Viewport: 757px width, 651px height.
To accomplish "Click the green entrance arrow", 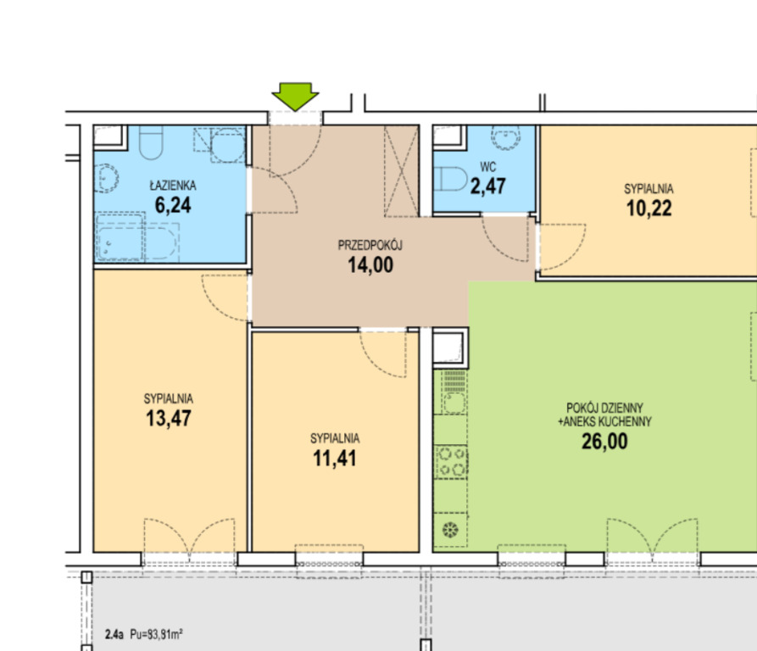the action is point(295,96).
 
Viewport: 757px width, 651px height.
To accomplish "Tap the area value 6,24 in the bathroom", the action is point(173,205).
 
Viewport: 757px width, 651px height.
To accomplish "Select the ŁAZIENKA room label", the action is point(173,186).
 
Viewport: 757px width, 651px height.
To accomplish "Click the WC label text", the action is point(488,167).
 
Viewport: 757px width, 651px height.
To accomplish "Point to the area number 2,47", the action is point(488,186).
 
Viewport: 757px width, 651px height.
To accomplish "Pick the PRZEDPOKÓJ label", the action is point(370,245).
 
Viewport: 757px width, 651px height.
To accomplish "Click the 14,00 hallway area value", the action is point(370,265).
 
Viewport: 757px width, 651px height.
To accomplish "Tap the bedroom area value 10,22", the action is point(648,209).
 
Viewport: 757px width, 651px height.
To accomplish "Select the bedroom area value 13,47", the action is point(169,419).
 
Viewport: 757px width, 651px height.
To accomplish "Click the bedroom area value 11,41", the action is point(335,459).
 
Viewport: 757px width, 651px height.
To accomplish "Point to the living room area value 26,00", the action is point(604,442).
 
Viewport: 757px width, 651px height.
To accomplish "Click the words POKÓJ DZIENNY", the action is point(605,408).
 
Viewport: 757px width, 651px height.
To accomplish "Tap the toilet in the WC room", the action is point(450,179).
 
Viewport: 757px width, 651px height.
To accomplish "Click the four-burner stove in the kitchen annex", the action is point(452,462).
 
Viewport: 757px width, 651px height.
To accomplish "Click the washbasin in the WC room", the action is point(505,138).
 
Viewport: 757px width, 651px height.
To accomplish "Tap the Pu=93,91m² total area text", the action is point(156,634).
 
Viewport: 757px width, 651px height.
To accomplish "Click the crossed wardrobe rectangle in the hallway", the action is point(401,171).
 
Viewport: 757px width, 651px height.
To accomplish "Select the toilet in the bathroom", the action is point(151,142).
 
